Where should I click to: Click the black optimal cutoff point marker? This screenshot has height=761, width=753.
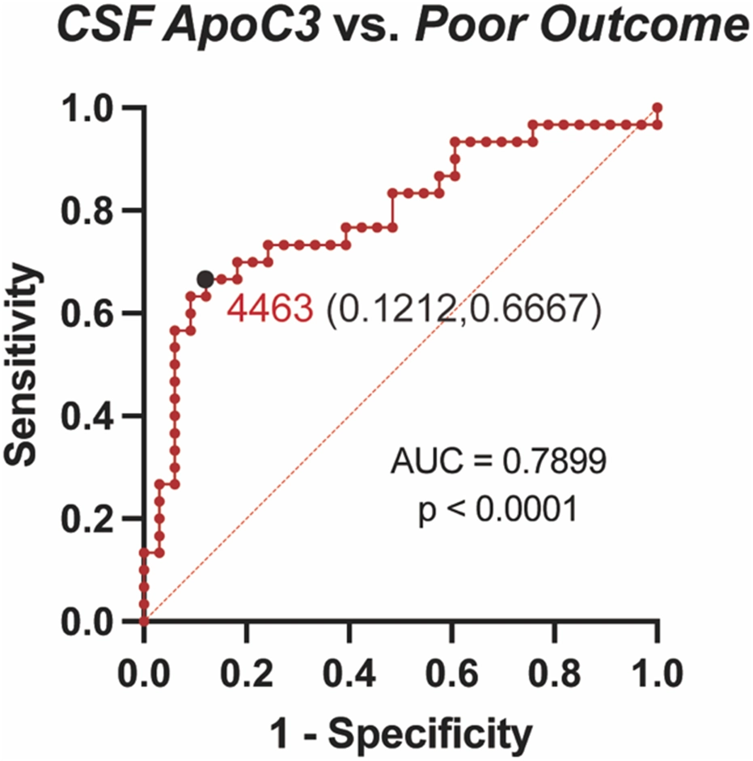point(205,279)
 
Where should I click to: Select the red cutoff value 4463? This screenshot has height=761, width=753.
point(269,309)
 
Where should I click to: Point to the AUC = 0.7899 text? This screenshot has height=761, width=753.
point(497,463)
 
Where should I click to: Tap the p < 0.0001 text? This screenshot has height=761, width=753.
point(497,511)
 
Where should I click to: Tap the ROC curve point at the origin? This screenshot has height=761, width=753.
point(144,622)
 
